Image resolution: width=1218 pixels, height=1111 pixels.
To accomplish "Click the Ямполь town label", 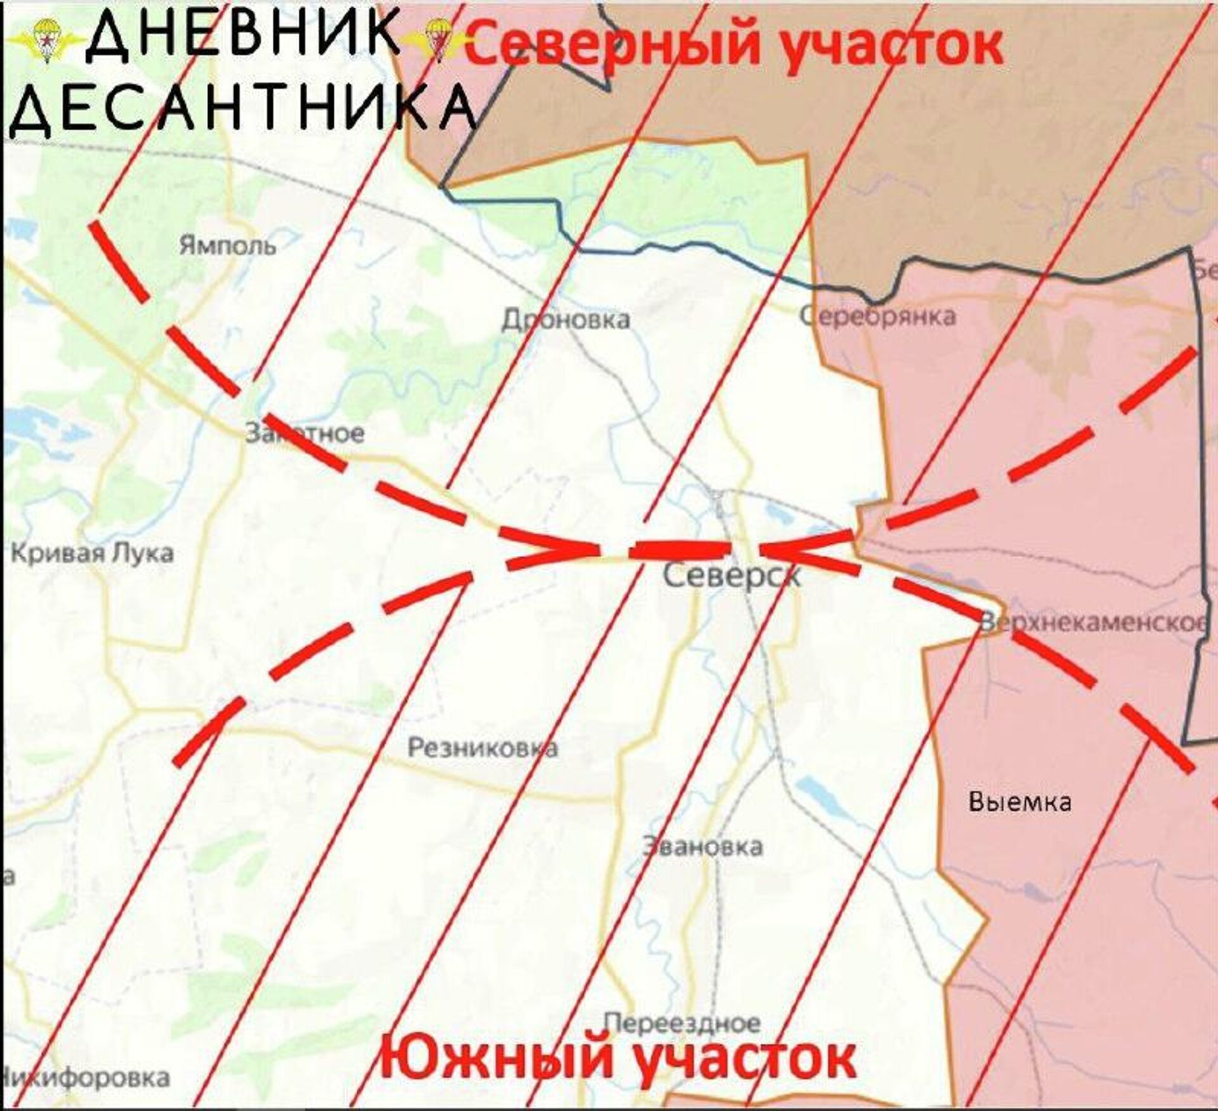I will pos(227,245).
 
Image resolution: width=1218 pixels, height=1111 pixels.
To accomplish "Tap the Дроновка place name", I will pos(566,320).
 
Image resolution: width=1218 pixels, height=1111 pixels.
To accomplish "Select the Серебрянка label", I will pos(878,315).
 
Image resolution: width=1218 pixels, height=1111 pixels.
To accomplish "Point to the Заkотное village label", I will pos(304,433).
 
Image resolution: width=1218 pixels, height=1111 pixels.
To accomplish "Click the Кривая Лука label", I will pos(93,553).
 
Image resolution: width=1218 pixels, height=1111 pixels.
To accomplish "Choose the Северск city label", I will pos(731,576).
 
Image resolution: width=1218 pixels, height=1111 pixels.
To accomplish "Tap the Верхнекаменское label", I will pos(1092,623).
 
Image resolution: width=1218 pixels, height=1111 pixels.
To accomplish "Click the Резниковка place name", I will pos(482,748).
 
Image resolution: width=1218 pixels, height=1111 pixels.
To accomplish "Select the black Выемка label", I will pos(1020,802).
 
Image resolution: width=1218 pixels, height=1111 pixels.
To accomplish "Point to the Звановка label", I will pos(702,846).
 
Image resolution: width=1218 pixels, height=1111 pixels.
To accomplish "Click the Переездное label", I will pos(681,1023).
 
